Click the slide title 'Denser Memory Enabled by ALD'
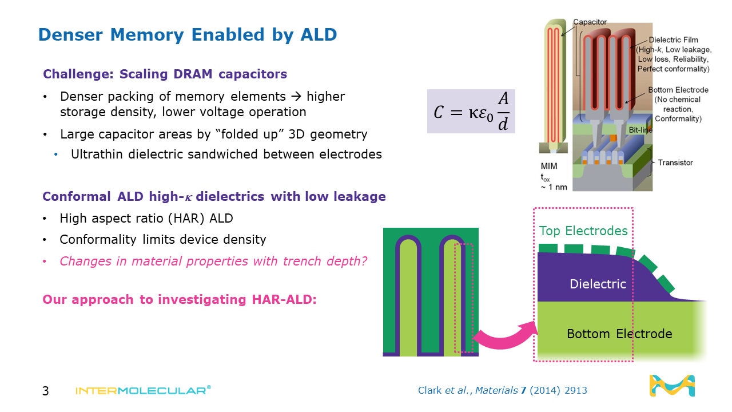[x=187, y=35]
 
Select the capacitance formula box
[x=471, y=111]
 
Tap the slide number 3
[x=46, y=391]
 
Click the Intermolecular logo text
[x=143, y=390]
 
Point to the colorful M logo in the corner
[x=672, y=386]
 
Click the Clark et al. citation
[x=503, y=391]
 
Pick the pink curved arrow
[x=504, y=335]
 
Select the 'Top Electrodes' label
[x=583, y=231]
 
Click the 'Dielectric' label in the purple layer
[x=598, y=284]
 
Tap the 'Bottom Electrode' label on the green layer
[x=619, y=334]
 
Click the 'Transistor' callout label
[x=675, y=163]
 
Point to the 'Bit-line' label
[x=640, y=130]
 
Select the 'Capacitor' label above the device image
[x=590, y=22]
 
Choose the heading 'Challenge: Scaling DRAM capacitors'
[x=165, y=74]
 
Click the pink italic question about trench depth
[x=213, y=261]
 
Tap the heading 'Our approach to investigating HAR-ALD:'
[x=179, y=299]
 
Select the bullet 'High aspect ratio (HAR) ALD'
[x=146, y=218]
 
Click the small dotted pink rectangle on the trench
[x=463, y=298]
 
